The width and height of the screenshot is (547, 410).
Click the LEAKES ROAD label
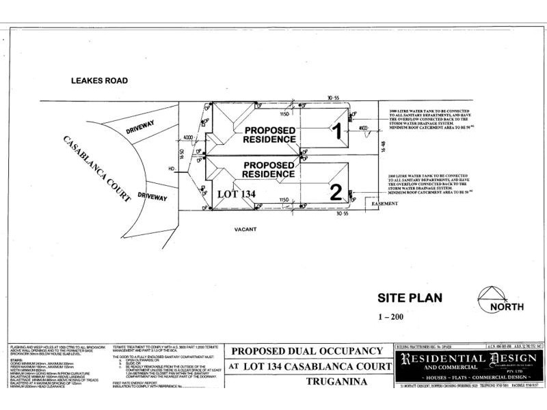tap(100, 80)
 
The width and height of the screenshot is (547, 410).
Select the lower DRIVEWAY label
tap(152, 197)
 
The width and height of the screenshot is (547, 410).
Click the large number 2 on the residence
tap(335, 192)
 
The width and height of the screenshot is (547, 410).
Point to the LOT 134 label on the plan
tap(236, 194)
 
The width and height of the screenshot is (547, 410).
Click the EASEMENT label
tap(384, 204)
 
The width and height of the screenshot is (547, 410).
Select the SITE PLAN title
tap(410, 297)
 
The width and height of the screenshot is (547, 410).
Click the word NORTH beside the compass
tap(507, 307)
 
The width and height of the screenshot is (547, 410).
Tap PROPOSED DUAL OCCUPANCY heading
tap(306, 351)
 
